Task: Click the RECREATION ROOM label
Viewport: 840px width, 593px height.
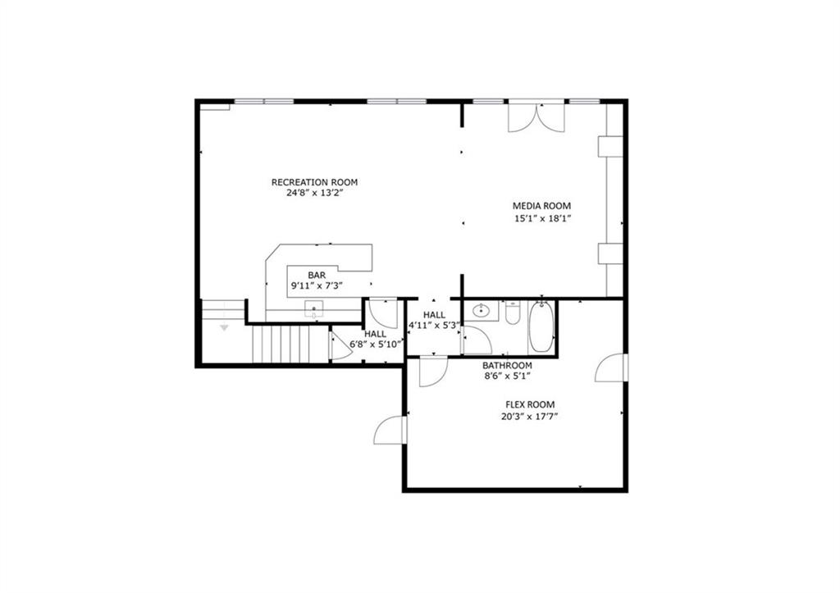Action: point(314,182)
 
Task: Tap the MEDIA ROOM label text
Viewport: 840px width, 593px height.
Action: point(541,206)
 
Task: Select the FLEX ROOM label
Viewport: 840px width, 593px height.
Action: point(529,404)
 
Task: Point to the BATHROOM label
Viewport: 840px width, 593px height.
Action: point(507,365)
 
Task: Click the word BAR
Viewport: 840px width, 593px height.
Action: point(317,275)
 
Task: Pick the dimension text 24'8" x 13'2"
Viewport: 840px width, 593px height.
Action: point(314,194)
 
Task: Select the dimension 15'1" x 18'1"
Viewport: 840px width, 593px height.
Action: point(541,218)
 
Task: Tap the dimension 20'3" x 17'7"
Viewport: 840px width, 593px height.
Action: point(529,416)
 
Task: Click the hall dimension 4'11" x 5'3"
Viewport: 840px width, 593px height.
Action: point(434,326)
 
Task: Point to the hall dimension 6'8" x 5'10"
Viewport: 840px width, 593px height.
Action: point(377,344)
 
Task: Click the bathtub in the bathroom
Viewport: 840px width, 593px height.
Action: point(541,326)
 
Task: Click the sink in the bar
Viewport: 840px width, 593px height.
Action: point(315,310)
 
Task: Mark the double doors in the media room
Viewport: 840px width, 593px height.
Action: point(536,117)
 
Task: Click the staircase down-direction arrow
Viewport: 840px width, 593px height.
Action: point(224,327)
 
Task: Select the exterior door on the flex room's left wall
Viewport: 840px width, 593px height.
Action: point(390,430)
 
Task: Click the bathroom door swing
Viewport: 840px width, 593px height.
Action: point(476,340)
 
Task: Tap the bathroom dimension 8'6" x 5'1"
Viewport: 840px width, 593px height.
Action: point(507,376)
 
